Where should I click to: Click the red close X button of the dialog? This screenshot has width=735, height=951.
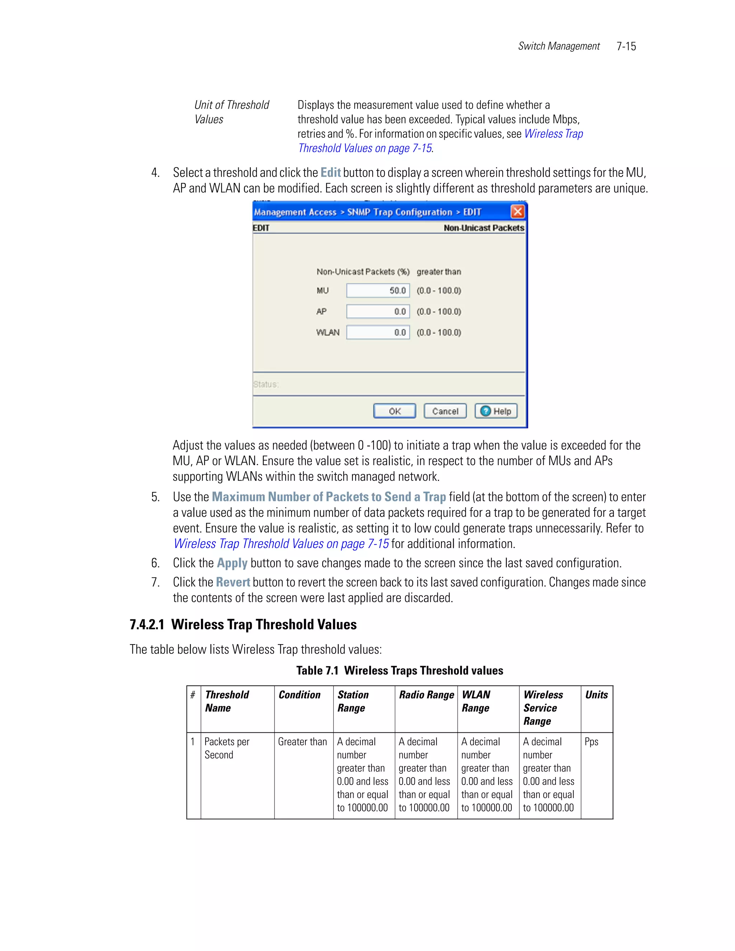click(x=517, y=212)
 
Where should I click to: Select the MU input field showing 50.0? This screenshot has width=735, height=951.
click(x=378, y=290)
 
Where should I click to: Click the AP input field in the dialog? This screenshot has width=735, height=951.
click(x=378, y=311)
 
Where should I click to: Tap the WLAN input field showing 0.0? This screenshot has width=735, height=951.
click(x=378, y=332)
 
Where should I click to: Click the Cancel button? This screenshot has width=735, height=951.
click(x=445, y=411)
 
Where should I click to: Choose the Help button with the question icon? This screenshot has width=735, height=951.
click(x=496, y=411)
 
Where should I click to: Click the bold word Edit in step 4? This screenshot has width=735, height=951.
click(x=331, y=173)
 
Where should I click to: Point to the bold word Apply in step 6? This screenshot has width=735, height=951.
click(x=232, y=563)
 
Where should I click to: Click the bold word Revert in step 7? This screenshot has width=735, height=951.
click(x=233, y=582)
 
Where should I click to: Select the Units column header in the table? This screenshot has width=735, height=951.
click(x=596, y=695)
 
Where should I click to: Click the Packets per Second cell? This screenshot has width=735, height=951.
click(x=227, y=748)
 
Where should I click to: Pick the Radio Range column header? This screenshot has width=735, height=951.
click(x=426, y=695)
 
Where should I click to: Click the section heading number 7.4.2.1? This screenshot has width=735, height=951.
click(x=147, y=624)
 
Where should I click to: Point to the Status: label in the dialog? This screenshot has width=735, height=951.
click(x=266, y=384)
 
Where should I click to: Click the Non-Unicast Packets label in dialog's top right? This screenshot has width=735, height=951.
click(x=484, y=228)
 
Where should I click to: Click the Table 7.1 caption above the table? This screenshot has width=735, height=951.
click(x=399, y=671)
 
